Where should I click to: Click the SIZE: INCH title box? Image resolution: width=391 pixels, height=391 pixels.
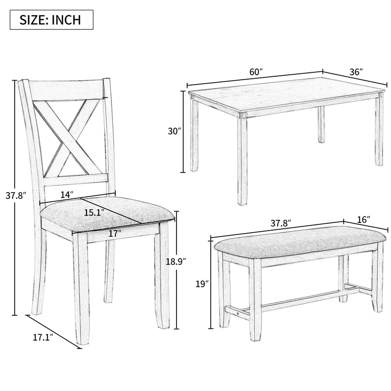click(50, 21)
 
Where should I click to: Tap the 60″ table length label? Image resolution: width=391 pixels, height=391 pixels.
click(255, 71)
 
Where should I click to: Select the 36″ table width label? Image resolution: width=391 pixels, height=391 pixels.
click(355, 71)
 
